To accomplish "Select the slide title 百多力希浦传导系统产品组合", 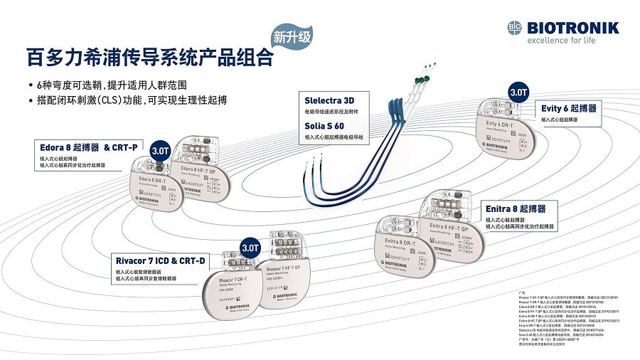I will tap(149, 56).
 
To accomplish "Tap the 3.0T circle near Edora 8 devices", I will tap(161, 151).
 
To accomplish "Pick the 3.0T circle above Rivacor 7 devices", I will tap(250, 248).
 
